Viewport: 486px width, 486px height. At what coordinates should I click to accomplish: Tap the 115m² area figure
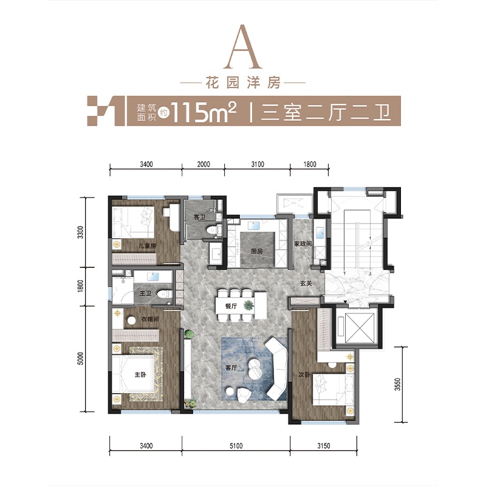pyautogui.click(x=204, y=112)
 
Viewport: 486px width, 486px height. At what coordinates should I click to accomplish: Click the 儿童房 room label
pyautogui.click(x=147, y=246)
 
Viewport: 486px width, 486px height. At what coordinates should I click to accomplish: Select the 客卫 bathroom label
pyautogui.click(x=199, y=217)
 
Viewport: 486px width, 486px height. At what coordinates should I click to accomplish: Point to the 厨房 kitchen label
pyautogui.click(x=256, y=251)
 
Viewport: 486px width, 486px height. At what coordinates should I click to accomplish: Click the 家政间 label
pyautogui.click(x=303, y=244)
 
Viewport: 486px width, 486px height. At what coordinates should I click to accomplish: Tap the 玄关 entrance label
pyautogui.click(x=306, y=283)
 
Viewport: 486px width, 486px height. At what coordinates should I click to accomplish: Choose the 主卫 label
pyautogui.click(x=145, y=293)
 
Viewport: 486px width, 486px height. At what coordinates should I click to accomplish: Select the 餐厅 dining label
pyautogui.click(x=231, y=306)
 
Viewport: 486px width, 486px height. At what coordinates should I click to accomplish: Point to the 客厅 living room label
pyautogui.click(x=231, y=368)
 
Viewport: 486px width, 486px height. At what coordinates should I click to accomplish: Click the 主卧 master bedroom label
pyautogui.click(x=140, y=375)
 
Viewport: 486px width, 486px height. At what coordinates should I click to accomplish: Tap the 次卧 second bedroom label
pyautogui.click(x=304, y=375)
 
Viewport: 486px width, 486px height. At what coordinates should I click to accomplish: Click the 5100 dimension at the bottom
pyautogui.click(x=236, y=446)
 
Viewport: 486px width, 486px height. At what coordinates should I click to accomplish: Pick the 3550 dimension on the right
pyautogui.click(x=398, y=385)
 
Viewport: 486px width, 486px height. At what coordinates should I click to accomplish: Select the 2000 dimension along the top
pyautogui.click(x=204, y=164)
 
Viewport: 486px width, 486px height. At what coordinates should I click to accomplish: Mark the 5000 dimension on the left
pyautogui.click(x=80, y=358)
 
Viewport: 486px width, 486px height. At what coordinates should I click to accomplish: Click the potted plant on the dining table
pyautogui.click(x=248, y=306)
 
